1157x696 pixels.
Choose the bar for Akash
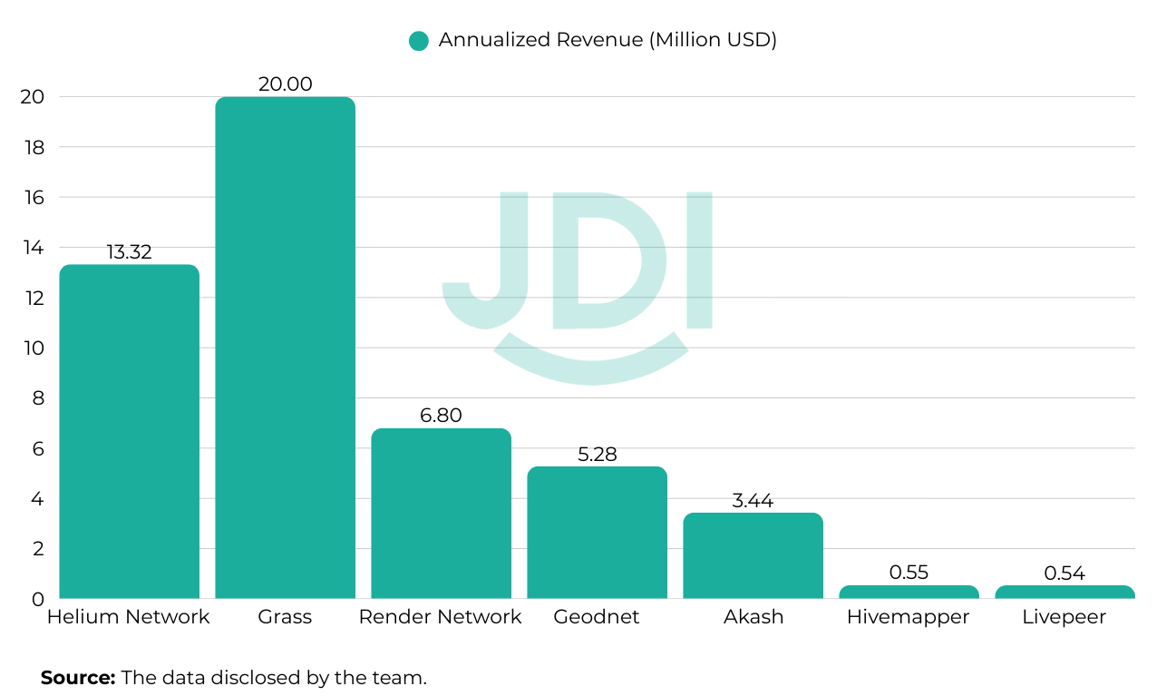[x=753, y=555]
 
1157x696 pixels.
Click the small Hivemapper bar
[x=909, y=592]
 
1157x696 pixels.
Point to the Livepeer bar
[x=1065, y=592]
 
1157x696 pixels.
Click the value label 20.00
[x=285, y=84]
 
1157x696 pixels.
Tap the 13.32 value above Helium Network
[x=129, y=252]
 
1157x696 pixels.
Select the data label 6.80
[x=441, y=416]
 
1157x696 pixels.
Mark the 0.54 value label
[x=1065, y=573]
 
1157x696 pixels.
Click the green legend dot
[x=418, y=41]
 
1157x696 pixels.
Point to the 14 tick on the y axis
[x=33, y=248]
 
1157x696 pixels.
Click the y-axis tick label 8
[x=38, y=398]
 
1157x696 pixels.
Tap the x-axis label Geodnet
[x=597, y=617]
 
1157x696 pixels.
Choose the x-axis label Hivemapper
[x=908, y=617]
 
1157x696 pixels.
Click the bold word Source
[x=78, y=677]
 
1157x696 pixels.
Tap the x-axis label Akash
[x=753, y=617]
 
